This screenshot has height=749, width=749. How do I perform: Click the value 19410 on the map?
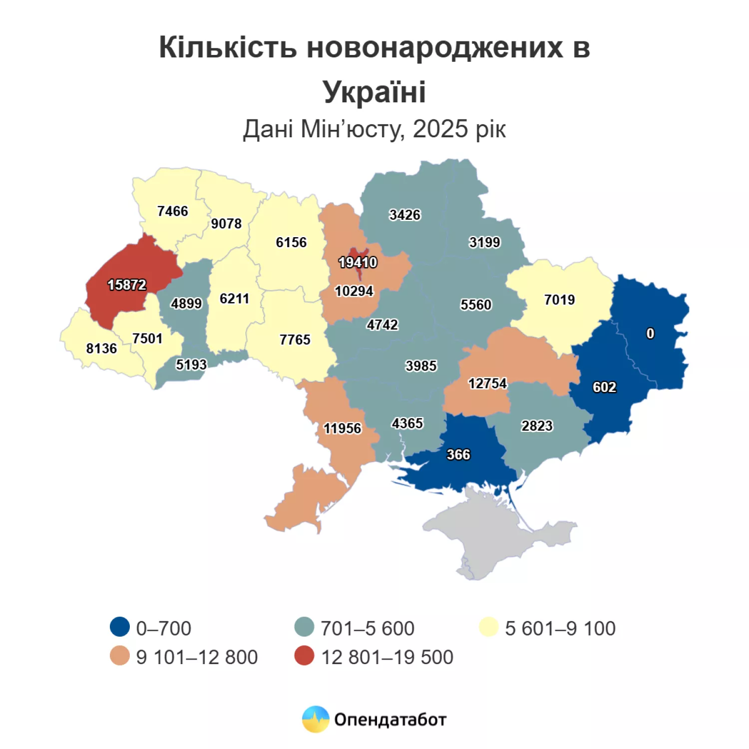coord(358,262)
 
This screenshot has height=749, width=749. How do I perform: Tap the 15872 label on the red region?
coord(127,285)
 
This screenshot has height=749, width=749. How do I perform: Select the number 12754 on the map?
coord(487,383)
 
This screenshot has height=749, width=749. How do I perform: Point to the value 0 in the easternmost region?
coord(650,333)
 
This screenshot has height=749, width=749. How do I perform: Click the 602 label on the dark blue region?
coord(604,387)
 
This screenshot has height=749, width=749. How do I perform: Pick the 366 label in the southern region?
coord(458,454)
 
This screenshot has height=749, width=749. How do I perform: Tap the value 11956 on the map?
coord(342,428)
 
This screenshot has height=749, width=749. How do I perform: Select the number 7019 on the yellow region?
coord(559,300)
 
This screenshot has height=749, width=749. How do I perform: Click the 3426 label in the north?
coord(404,215)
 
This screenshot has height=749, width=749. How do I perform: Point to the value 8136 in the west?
coord(101,348)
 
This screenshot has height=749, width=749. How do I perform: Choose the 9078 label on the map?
coord(226,224)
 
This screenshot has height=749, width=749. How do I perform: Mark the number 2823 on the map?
coord(537,426)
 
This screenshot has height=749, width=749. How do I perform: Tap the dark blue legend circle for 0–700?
coord(120,627)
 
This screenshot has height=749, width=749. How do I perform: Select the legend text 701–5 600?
coord(367,628)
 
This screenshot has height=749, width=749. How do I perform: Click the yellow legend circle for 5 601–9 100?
coord(489,627)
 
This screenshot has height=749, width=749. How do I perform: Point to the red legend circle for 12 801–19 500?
coord(304,656)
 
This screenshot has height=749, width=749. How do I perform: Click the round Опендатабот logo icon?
coord(316,719)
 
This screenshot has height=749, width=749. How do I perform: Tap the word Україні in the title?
coord(374,92)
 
